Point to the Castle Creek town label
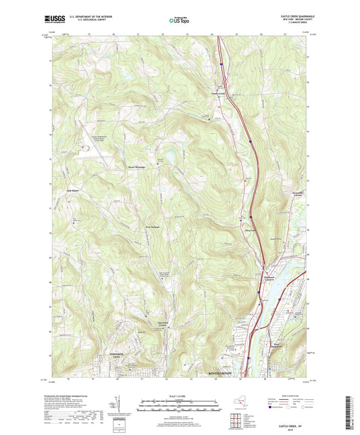218,94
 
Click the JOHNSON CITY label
118,359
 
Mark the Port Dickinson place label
282,344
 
